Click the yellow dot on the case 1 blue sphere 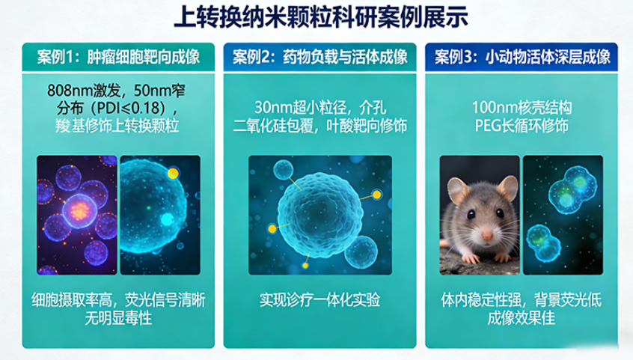click(174, 174)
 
